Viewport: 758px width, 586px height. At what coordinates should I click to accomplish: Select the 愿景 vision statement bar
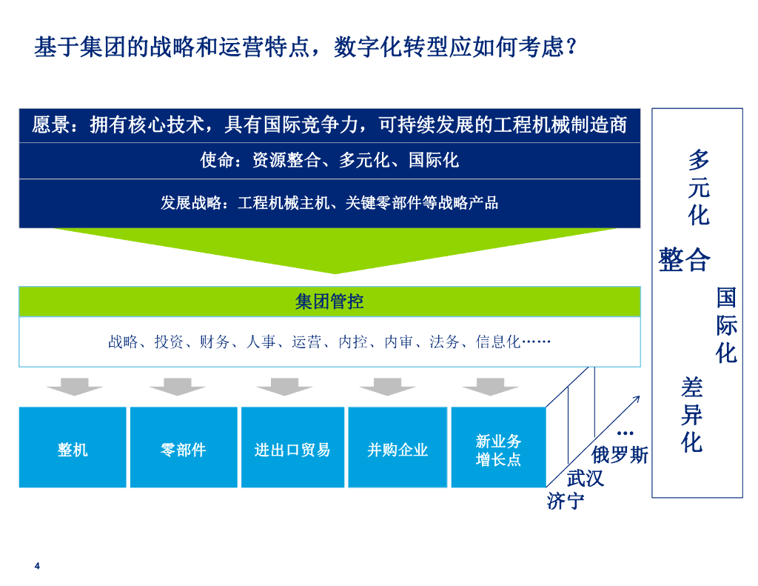(329, 125)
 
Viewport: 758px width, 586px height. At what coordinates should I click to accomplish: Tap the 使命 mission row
(329, 160)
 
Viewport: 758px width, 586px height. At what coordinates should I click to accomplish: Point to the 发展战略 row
(329, 202)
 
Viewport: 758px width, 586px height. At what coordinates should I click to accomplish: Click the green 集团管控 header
(329, 302)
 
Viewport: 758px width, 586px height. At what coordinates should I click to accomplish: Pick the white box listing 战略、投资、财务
(329, 342)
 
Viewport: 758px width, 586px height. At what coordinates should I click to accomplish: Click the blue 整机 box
(73, 449)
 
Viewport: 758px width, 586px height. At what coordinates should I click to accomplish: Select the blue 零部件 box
(183, 449)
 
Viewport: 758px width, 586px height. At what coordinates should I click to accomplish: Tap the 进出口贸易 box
(292, 449)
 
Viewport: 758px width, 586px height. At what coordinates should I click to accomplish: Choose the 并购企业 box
(398, 449)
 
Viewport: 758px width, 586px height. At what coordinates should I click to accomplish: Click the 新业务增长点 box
(498, 450)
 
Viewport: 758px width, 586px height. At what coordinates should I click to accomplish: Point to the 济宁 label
(566, 501)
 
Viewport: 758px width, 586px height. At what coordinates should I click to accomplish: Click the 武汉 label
(586, 478)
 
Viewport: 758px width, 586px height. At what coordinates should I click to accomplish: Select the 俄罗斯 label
(620, 454)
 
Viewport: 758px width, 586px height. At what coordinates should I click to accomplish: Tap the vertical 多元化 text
(698, 187)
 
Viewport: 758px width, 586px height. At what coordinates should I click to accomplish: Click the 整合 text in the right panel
(685, 260)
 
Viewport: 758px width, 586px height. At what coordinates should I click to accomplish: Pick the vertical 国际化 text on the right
(726, 326)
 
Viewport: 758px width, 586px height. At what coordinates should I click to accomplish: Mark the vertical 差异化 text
(692, 415)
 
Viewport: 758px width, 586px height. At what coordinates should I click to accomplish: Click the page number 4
(37, 567)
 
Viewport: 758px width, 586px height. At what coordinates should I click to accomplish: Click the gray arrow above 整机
(75, 386)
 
